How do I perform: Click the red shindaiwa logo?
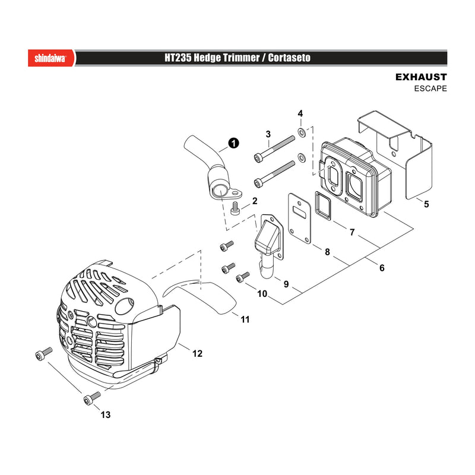point(51,58)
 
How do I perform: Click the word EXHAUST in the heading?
point(421,77)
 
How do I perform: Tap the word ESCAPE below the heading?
point(430,88)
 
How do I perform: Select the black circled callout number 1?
point(233,143)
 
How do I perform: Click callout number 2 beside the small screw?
point(255,201)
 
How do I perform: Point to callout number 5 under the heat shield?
point(426,204)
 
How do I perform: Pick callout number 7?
point(352,232)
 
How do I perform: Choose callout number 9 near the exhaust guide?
point(286,284)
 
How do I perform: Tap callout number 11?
point(245,319)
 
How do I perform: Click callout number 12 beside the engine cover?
point(197,353)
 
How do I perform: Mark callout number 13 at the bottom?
point(106,414)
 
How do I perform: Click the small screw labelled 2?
point(235,208)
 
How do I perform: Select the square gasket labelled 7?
point(323,206)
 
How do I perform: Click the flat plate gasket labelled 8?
point(300,218)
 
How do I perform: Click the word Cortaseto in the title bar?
point(289,58)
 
